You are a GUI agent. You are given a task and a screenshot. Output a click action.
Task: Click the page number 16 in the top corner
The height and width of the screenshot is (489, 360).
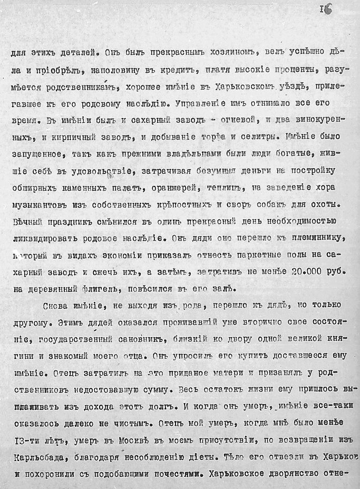tap(326, 9)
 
